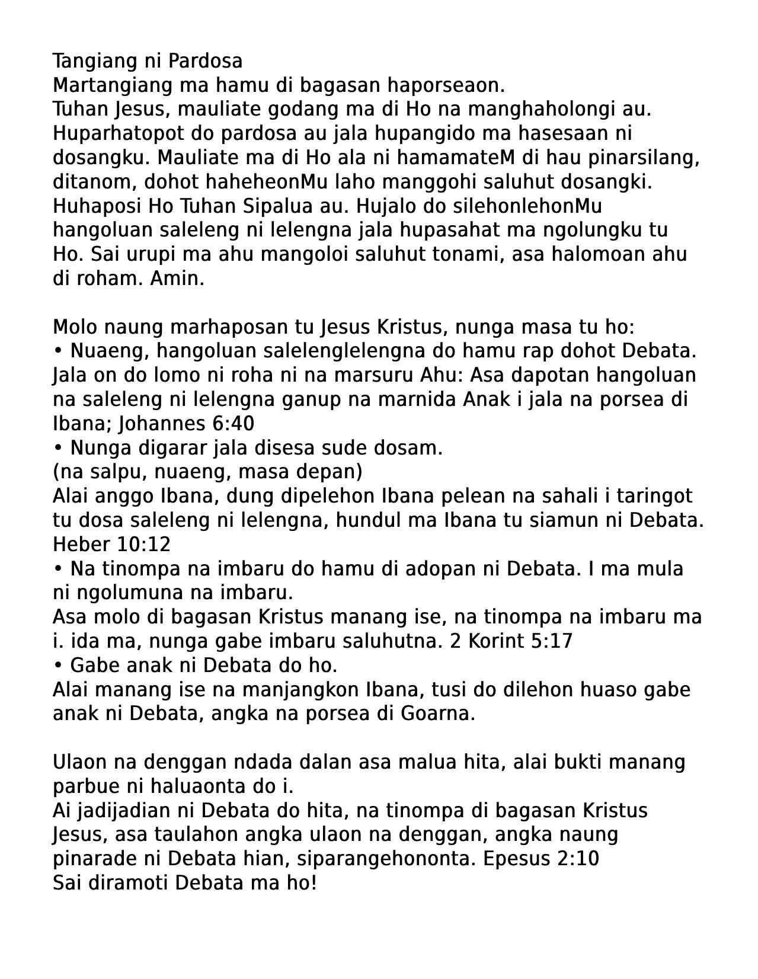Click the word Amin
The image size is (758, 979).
click(x=177, y=279)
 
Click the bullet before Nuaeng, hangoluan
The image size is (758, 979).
click(x=58, y=351)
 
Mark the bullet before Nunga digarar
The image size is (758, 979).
click(x=58, y=448)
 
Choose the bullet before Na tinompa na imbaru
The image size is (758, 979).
click(x=58, y=569)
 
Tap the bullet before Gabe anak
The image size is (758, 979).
click(x=58, y=666)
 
